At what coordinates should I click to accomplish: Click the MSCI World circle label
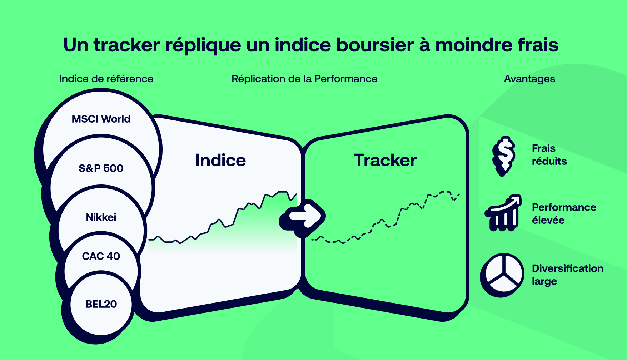(101, 119)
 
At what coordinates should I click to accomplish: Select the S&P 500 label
(101, 168)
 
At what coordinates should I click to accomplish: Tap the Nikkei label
(101, 217)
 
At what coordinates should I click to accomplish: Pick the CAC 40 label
(101, 256)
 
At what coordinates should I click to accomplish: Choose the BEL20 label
(101, 304)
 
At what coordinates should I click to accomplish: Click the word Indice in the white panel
(220, 161)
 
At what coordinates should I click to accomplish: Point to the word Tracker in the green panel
(385, 161)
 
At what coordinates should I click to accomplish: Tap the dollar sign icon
(504, 156)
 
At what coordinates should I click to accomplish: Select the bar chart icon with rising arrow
(503, 213)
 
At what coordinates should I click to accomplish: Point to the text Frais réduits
(549, 155)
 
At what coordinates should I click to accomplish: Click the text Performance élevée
(564, 214)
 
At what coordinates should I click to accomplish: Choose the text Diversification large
(567, 275)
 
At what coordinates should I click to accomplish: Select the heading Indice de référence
(106, 79)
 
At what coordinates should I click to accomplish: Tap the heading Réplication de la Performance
(304, 79)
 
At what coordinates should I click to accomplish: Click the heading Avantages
(529, 79)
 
